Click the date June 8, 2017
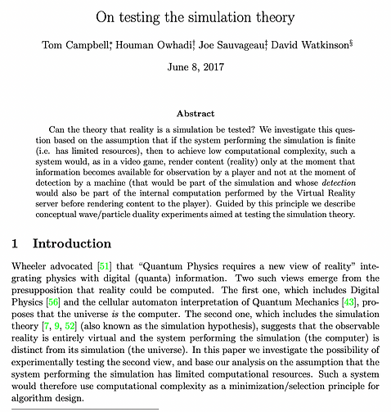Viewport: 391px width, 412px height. pos(195,68)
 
